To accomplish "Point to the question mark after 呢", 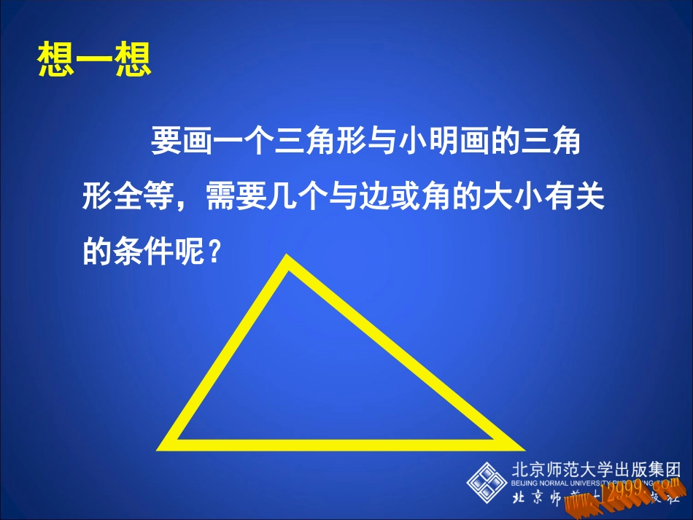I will click(x=214, y=252).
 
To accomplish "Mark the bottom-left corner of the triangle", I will click(x=163, y=445).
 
